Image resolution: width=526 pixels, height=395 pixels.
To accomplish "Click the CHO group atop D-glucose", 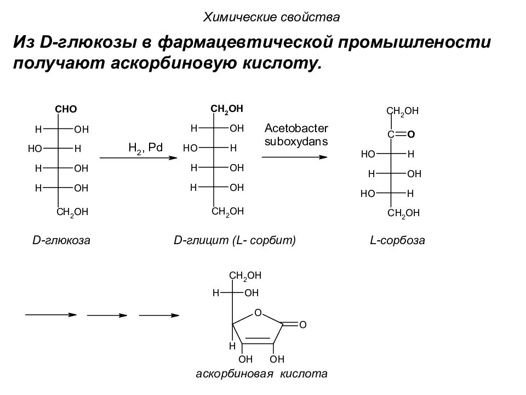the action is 66,109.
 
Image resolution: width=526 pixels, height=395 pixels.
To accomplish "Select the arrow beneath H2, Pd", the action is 139,157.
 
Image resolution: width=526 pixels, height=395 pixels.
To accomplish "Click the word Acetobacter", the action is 296,128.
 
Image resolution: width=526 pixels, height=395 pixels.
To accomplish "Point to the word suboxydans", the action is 296,142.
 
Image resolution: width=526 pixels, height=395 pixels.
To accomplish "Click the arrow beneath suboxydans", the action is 295,157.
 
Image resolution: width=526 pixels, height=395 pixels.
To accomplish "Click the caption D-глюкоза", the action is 61,240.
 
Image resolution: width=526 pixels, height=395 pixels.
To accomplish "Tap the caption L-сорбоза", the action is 398,240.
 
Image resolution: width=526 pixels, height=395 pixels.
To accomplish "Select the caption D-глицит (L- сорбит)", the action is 235,240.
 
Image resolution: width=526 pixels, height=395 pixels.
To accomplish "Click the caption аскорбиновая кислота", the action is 262,374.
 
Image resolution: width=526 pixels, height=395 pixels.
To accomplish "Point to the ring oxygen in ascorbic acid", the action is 258,313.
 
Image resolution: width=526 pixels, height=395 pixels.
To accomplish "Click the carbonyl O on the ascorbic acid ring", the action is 302,325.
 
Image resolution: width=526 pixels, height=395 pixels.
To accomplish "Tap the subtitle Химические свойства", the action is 271,17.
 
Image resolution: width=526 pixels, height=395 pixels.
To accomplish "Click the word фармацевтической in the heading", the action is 245,42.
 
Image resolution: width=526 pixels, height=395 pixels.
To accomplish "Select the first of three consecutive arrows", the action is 51,315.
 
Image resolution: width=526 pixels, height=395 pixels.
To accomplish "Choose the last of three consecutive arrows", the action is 159,315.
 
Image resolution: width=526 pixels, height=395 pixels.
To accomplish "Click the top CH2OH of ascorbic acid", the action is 245,276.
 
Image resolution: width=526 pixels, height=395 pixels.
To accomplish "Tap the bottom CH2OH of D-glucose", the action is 72,212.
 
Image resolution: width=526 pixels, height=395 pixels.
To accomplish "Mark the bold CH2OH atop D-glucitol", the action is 227,109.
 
